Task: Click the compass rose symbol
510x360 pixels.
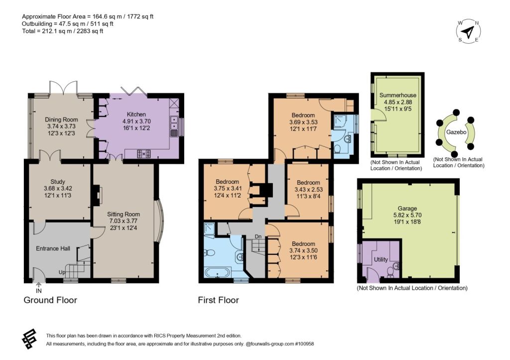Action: (x=468, y=31)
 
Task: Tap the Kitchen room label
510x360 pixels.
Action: (x=136, y=114)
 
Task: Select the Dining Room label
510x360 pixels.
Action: (x=61, y=120)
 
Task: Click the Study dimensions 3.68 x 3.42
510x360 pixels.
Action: (x=58, y=188)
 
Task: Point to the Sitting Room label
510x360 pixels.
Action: (x=124, y=214)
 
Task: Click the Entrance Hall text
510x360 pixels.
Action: (x=53, y=248)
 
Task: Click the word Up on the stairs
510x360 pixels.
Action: (x=62, y=272)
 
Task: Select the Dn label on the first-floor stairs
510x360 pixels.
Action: (x=258, y=237)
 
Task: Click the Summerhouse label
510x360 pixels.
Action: (x=398, y=95)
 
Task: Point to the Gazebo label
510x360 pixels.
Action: (x=456, y=132)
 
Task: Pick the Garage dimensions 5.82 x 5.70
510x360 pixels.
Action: (x=407, y=215)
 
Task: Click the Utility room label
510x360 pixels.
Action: (x=381, y=259)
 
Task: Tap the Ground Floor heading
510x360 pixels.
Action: (x=50, y=300)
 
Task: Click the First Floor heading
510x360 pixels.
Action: (x=218, y=300)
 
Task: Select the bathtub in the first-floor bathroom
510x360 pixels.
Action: (x=218, y=272)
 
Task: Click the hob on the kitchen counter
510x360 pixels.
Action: (x=144, y=153)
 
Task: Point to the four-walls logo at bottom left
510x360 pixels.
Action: (x=29, y=339)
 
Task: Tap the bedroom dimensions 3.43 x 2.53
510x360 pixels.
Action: (x=308, y=189)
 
